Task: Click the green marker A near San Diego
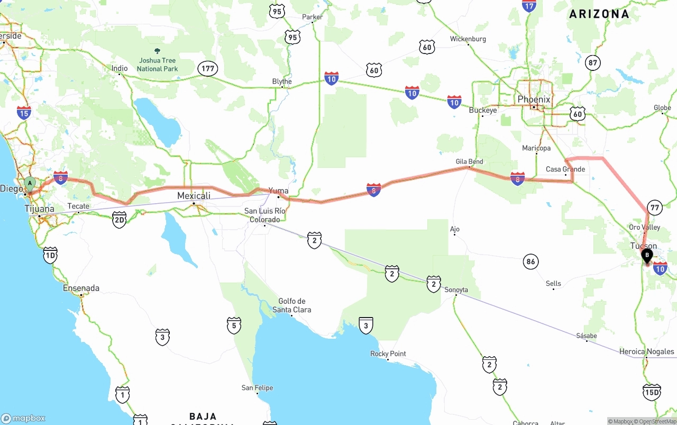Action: tap(30, 184)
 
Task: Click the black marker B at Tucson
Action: tap(646, 256)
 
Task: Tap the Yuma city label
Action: tap(279, 191)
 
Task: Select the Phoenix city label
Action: tap(534, 100)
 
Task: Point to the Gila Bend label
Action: tap(469, 161)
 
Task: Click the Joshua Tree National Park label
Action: tap(157, 65)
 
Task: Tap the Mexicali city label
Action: tap(194, 196)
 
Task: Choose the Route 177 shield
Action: tap(208, 68)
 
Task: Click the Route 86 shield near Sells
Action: tap(531, 261)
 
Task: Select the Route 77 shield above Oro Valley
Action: tap(655, 207)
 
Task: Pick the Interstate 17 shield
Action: tap(529, 5)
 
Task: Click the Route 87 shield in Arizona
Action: tap(593, 63)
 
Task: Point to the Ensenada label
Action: tap(81, 288)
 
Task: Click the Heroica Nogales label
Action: tap(646, 351)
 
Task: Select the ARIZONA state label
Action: tap(599, 14)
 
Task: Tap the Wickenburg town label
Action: tap(468, 39)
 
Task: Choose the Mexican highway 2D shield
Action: tap(120, 220)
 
